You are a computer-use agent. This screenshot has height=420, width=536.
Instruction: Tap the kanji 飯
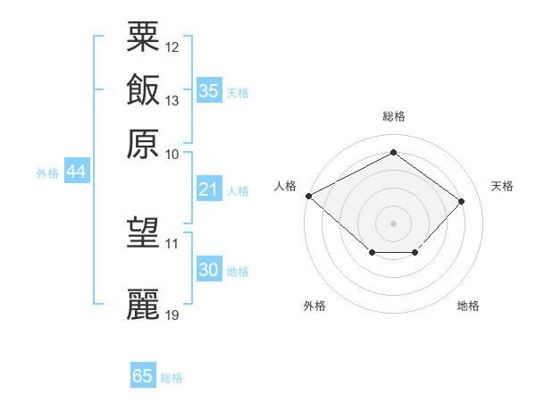144,90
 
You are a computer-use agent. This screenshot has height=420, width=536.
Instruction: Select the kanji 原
144,144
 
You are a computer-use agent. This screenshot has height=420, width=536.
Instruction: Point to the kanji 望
144,234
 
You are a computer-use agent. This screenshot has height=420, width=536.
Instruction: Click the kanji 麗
144,305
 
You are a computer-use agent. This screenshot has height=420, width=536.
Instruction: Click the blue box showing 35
208,91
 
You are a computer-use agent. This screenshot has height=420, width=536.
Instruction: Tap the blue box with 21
208,189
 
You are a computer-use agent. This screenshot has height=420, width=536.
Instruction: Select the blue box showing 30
208,270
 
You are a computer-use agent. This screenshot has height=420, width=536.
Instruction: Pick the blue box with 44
76,172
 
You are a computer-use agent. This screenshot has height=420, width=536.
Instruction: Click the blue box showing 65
142,376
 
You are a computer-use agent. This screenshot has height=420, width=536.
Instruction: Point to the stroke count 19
172,315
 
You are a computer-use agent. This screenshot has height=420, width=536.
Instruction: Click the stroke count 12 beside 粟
172,46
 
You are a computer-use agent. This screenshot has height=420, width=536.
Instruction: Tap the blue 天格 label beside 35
238,93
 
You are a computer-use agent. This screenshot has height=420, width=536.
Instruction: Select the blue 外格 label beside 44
46,173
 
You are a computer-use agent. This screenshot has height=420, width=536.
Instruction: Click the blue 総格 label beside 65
172,378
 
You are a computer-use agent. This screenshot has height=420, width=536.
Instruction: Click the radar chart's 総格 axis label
393,116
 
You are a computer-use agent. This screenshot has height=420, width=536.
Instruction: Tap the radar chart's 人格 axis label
286,186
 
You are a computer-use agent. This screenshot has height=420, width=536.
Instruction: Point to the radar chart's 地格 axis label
468,307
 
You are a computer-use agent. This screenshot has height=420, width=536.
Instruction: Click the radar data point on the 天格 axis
461,201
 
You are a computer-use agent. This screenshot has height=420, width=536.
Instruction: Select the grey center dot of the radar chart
393,223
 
